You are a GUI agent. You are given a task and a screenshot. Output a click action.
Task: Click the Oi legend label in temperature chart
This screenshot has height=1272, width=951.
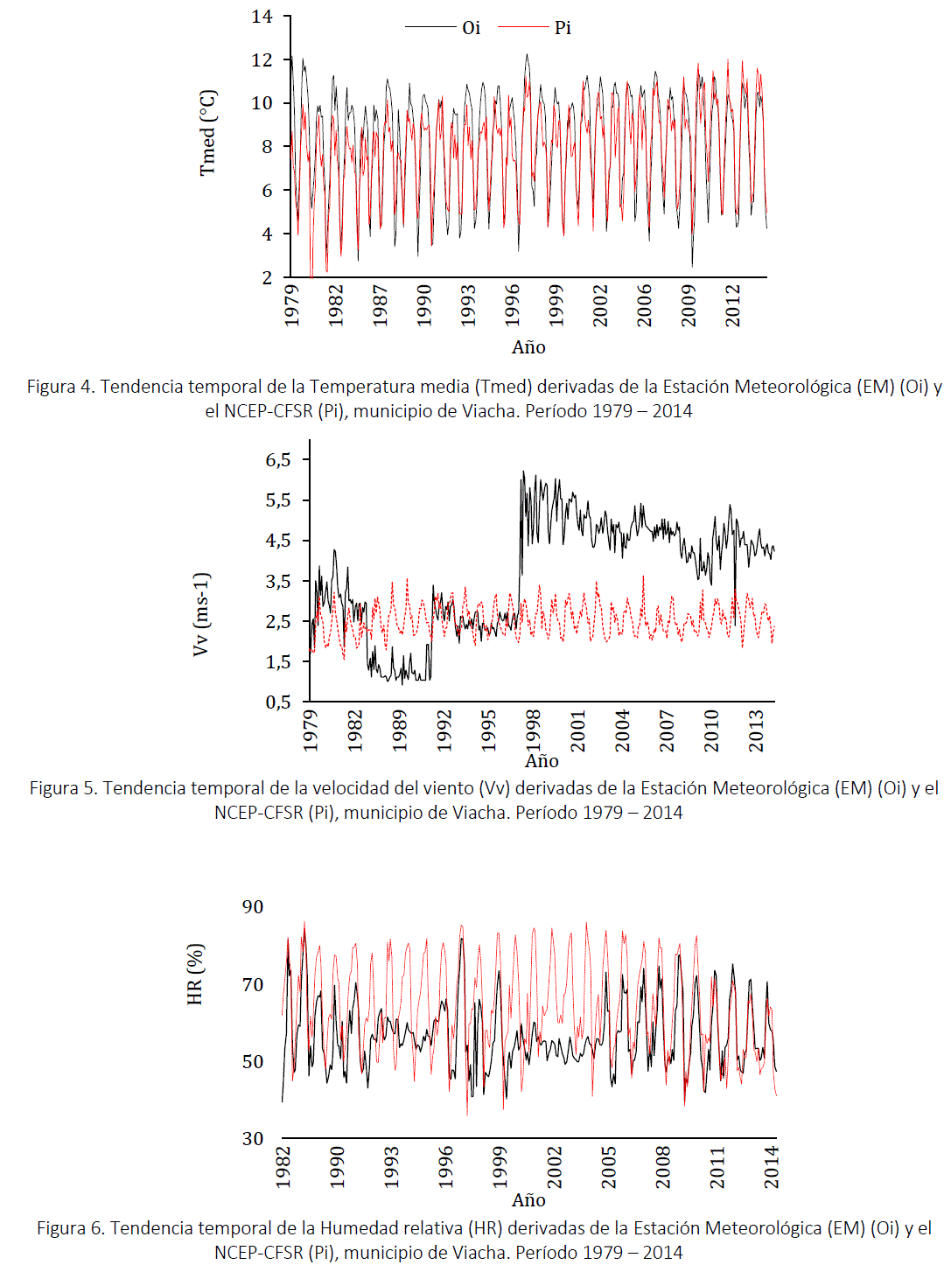pyautogui.click(x=472, y=28)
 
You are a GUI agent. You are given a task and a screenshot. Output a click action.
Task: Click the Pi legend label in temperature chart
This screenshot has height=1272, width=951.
pyautogui.click(x=563, y=28)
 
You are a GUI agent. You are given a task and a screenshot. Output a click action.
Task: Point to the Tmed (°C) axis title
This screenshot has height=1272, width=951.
pyautogui.click(x=207, y=133)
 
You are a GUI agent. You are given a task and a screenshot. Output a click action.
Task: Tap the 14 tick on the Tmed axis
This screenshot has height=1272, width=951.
pyautogui.click(x=262, y=17)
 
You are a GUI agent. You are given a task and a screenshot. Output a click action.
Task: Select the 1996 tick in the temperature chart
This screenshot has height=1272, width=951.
pyautogui.click(x=513, y=304)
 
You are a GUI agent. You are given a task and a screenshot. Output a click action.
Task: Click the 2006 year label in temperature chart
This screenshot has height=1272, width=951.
pyautogui.click(x=645, y=304)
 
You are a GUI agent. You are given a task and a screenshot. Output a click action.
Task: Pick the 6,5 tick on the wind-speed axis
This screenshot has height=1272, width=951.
pyautogui.click(x=278, y=460)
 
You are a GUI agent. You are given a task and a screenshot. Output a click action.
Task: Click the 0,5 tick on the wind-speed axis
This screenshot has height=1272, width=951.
pyautogui.click(x=278, y=702)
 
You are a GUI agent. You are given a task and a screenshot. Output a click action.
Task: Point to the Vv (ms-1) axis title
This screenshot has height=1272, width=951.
pyautogui.click(x=201, y=614)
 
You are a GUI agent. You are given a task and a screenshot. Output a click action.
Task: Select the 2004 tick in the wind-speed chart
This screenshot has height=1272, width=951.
pyautogui.click(x=622, y=730)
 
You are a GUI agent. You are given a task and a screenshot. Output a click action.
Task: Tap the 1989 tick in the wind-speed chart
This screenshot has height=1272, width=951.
pyautogui.click(x=400, y=730)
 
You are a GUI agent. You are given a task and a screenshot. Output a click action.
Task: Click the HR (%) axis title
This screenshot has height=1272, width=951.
pyautogui.click(x=195, y=974)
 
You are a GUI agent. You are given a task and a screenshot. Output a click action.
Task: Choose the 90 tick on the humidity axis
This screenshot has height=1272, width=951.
pyautogui.click(x=253, y=907)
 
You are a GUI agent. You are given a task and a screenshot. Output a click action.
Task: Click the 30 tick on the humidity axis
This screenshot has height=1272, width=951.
pyautogui.click(x=253, y=1139)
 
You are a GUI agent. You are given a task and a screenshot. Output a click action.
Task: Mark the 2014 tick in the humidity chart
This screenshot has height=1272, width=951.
pyautogui.click(x=772, y=1167)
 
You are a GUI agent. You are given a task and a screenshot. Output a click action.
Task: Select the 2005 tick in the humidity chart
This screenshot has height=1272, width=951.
pyautogui.click(x=609, y=1167)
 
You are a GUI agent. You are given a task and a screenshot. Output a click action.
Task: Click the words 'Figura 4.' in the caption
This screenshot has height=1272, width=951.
pyautogui.click(x=60, y=387)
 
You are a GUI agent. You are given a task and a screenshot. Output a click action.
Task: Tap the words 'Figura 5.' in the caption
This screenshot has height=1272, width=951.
pyautogui.click(x=64, y=788)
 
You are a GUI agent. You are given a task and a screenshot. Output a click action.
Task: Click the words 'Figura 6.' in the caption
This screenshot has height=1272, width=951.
pyautogui.click(x=71, y=1228)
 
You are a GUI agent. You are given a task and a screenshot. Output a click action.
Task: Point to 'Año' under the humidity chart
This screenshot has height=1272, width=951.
pyautogui.click(x=528, y=1200)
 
